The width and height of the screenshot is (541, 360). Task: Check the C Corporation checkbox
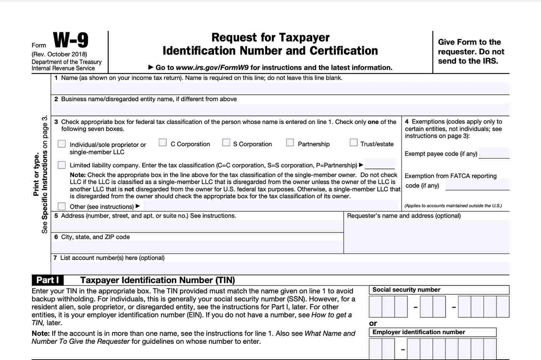click(163, 143)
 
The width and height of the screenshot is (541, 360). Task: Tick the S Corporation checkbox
click(226, 143)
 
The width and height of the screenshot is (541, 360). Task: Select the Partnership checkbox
click(290, 143)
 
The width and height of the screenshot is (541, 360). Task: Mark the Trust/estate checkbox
click(353, 143)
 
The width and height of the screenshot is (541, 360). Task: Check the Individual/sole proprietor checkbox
click(62, 144)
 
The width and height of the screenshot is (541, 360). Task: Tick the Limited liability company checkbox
click(62, 165)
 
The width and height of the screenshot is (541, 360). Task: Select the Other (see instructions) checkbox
click(62, 206)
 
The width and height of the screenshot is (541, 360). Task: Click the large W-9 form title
click(71, 40)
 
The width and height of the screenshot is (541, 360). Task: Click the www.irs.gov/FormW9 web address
click(212, 67)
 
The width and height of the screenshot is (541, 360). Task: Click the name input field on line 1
click(279, 88)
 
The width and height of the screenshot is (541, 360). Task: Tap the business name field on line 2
click(279, 109)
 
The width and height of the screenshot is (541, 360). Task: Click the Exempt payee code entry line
click(494, 153)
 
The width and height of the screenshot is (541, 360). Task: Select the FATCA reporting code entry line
click(477, 185)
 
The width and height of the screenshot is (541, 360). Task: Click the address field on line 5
click(197, 226)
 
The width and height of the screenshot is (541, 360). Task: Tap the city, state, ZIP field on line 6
click(197, 247)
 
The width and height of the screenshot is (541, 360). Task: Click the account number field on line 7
click(279, 268)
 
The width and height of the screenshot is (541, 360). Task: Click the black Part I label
click(47, 280)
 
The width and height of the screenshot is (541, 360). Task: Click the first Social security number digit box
click(375, 307)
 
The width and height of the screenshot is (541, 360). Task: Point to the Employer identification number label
click(419, 332)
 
